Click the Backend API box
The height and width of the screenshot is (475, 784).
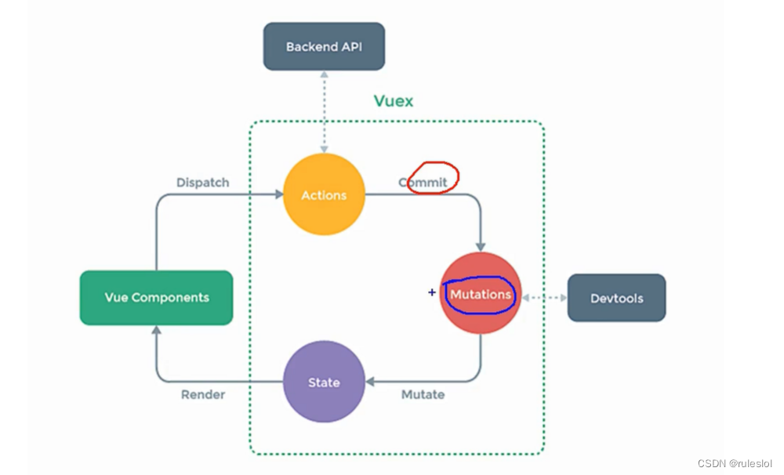coord(324,46)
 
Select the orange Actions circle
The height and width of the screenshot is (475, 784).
coord(324,194)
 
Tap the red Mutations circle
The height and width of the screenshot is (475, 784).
coord(481,294)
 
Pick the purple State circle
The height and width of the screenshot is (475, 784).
coord(324,382)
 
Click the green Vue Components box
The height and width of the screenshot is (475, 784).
coord(157,298)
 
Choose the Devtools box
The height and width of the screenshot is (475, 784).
coord(616,298)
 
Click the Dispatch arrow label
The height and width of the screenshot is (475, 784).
coord(203,182)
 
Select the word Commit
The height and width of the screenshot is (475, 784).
coord(423,183)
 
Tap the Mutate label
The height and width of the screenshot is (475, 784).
coord(423,394)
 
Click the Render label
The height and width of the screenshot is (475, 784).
coord(203,394)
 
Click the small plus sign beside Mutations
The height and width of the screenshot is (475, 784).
coord(431,292)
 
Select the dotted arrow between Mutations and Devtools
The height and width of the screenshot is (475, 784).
coord(544,298)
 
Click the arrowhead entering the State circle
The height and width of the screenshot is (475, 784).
coord(370,382)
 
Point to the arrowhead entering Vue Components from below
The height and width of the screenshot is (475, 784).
coord(157,330)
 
